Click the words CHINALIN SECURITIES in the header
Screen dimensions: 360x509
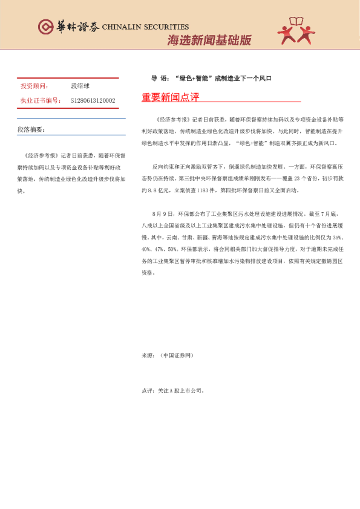(x=145, y=27)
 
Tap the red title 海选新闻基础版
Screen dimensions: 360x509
(x=209, y=41)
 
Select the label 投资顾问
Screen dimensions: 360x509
(x=34, y=87)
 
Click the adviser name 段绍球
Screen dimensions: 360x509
(x=80, y=87)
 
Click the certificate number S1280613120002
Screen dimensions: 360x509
(x=93, y=100)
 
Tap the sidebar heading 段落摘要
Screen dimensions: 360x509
(x=31, y=129)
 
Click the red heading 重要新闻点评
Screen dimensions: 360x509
(x=170, y=97)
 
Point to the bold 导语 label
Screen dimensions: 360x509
(x=159, y=79)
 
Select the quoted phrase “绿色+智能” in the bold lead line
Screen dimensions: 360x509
(x=192, y=79)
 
